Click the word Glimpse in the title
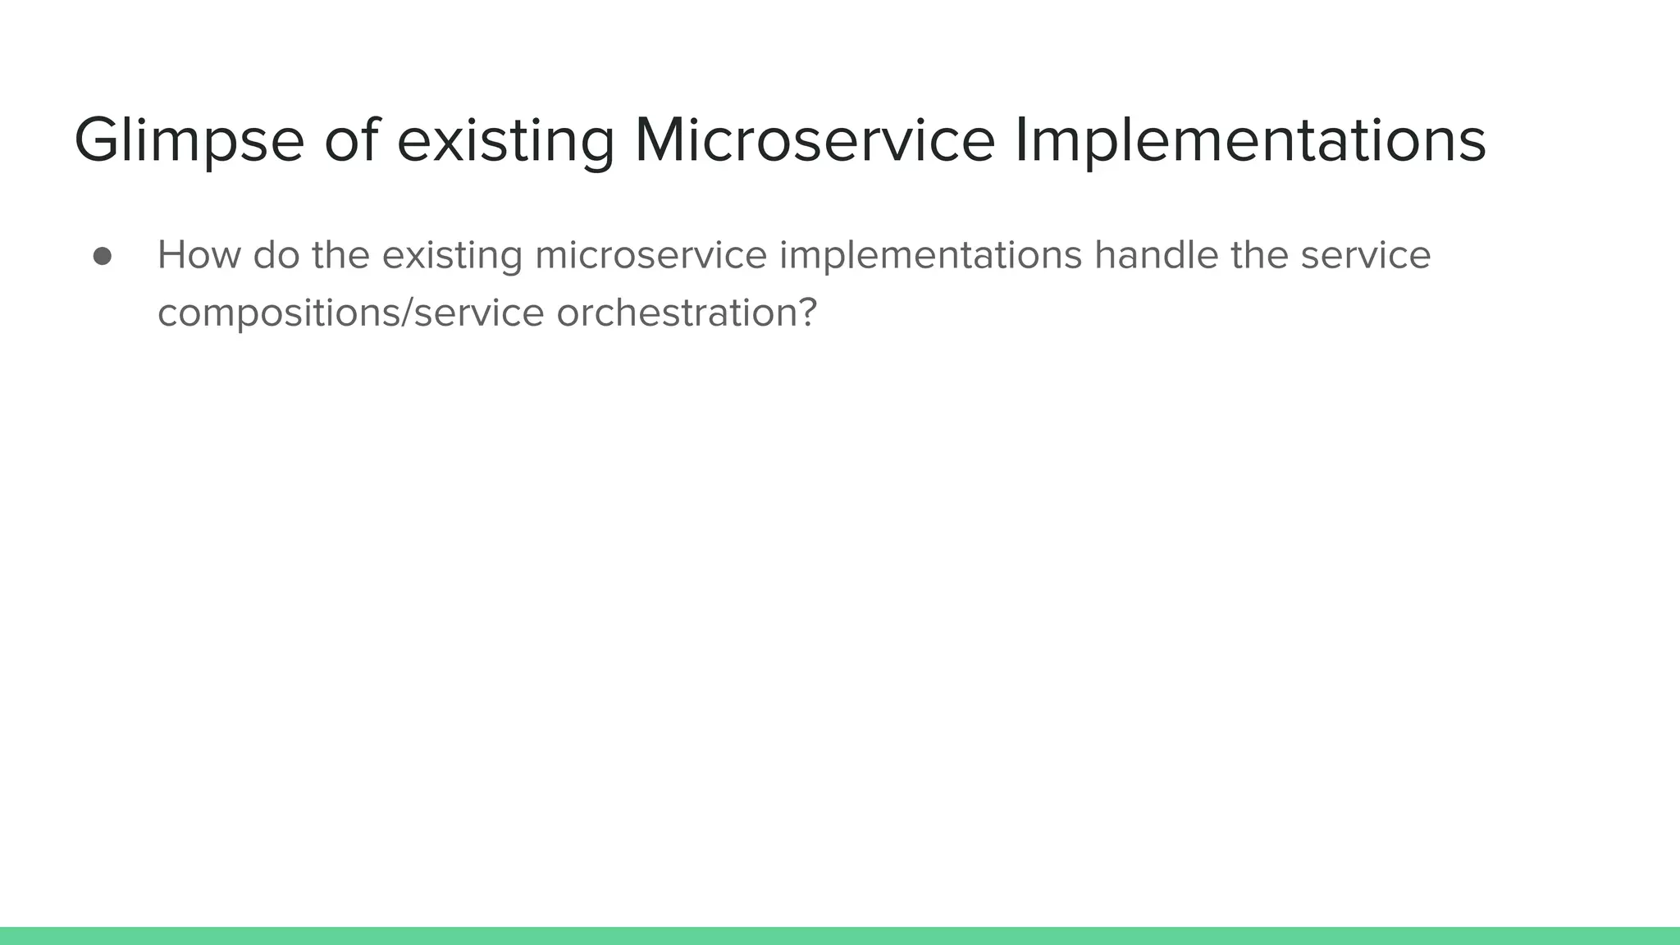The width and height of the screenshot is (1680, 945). coord(189,141)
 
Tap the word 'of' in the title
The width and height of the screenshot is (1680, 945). coord(352,141)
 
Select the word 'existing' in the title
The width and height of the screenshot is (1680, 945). coord(505,141)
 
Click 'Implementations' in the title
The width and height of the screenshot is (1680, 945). coord(1249,141)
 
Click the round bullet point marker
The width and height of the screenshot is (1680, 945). coord(103,257)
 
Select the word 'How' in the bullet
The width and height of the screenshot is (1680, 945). coord(198,255)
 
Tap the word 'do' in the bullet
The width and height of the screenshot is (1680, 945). coord(276,255)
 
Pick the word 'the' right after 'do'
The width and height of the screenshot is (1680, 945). coord(340,255)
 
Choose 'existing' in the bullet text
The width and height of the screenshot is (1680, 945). coord(452,255)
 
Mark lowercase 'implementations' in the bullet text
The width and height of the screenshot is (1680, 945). coord(930,255)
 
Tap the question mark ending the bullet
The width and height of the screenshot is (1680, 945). coord(807,313)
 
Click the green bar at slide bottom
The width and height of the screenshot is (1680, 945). coord(840,935)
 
